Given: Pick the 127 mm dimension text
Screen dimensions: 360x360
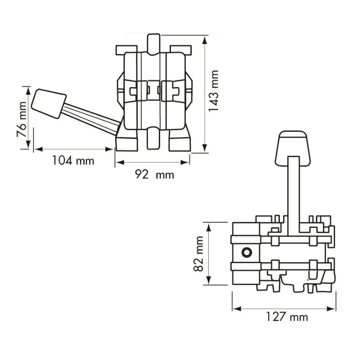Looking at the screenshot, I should (x=287, y=317).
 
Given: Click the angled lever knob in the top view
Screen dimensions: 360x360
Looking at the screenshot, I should (x=49, y=103).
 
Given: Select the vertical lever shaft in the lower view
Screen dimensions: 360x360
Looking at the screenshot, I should (x=293, y=193).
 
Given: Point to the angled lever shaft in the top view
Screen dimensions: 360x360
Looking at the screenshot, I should (x=90, y=118).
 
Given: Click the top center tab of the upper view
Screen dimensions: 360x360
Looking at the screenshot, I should (x=153, y=42).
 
